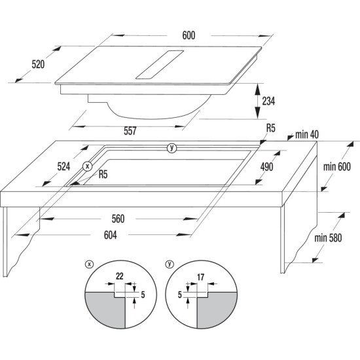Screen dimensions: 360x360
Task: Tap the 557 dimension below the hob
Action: click(x=130, y=132)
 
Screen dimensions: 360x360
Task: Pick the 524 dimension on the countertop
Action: click(x=63, y=167)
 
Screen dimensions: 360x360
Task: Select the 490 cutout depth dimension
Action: click(x=267, y=166)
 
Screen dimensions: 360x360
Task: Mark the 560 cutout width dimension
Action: click(x=118, y=218)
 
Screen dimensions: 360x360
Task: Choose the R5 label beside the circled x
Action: click(x=104, y=175)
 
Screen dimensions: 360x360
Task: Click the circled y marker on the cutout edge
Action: click(x=171, y=148)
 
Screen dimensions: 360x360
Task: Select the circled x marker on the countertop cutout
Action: click(x=88, y=166)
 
